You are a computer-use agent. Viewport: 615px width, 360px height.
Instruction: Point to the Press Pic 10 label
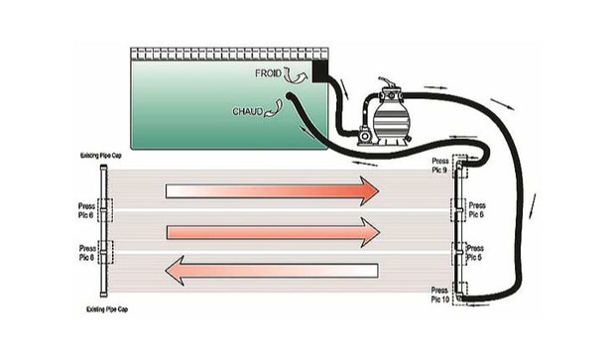pos(437,294)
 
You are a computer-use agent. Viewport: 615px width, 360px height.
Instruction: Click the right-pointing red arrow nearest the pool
pos(272,189)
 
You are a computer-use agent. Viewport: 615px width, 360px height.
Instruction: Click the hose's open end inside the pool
pos(289,97)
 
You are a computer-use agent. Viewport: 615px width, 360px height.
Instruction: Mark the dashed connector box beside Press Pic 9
pos(457,168)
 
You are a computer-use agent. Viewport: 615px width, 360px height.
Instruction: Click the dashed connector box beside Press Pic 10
pos(457,294)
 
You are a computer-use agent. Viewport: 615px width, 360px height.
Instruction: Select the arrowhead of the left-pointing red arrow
pos(179,271)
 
